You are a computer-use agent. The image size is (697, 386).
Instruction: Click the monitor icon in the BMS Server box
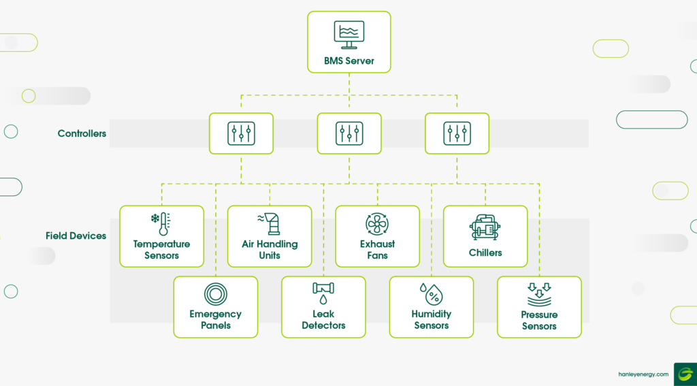click(349, 35)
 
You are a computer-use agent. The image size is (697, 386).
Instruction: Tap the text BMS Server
click(349, 61)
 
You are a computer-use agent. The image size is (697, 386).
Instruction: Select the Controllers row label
click(82, 133)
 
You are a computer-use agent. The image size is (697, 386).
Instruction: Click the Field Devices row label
click(76, 236)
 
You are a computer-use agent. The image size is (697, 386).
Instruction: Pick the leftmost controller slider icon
click(242, 133)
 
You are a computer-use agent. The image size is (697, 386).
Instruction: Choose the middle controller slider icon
click(349, 133)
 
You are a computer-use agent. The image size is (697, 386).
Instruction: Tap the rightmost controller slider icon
click(457, 133)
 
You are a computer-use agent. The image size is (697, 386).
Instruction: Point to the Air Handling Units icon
click(270, 224)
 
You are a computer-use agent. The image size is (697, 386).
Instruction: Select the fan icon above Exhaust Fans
click(377, 224)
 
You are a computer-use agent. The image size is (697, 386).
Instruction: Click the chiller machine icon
click(485, 227)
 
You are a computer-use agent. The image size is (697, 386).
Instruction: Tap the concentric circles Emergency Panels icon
click(216, 294)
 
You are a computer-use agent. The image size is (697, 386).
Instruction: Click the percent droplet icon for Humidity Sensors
click(431, 294)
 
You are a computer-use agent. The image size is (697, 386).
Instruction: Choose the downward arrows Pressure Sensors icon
click(539, 295)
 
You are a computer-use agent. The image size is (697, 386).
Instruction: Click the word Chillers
click(485, 253)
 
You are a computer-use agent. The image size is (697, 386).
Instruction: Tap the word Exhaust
click(377, 244)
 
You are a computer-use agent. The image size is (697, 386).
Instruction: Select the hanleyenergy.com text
click(643, 374)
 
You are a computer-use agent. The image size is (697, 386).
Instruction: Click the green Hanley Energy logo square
click(685, 374)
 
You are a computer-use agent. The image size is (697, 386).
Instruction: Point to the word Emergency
click(216, 315)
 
